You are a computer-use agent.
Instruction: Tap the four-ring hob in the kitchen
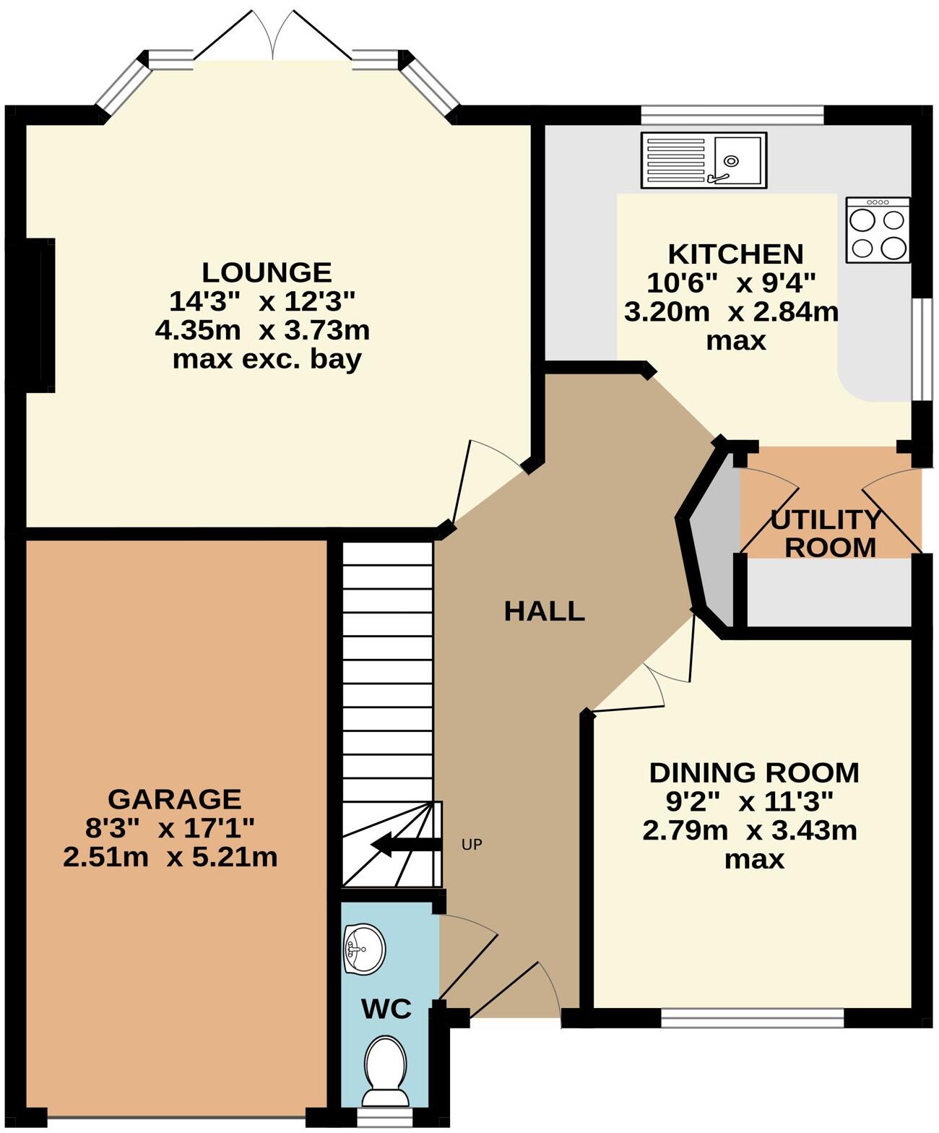(x=878, y=230)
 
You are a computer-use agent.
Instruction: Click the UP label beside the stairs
(x=472, y=844)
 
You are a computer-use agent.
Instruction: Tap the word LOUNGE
(x=267, y=272)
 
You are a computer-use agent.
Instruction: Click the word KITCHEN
(x=735, y=254)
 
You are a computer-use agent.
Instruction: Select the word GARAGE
(x=174, y=799)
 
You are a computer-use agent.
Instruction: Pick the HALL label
(x=544, y=611)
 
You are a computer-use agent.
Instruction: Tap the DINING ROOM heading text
(x=754, y=772)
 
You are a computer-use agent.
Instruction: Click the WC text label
(x=386, y=1009)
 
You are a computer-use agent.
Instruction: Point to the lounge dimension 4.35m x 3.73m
(x=262, y=331)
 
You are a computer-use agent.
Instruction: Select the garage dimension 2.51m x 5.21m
(x=170, y=858)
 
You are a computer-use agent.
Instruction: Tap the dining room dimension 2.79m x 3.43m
(x=750, y=831)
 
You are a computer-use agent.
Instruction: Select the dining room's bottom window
(x=752, y=1018)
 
